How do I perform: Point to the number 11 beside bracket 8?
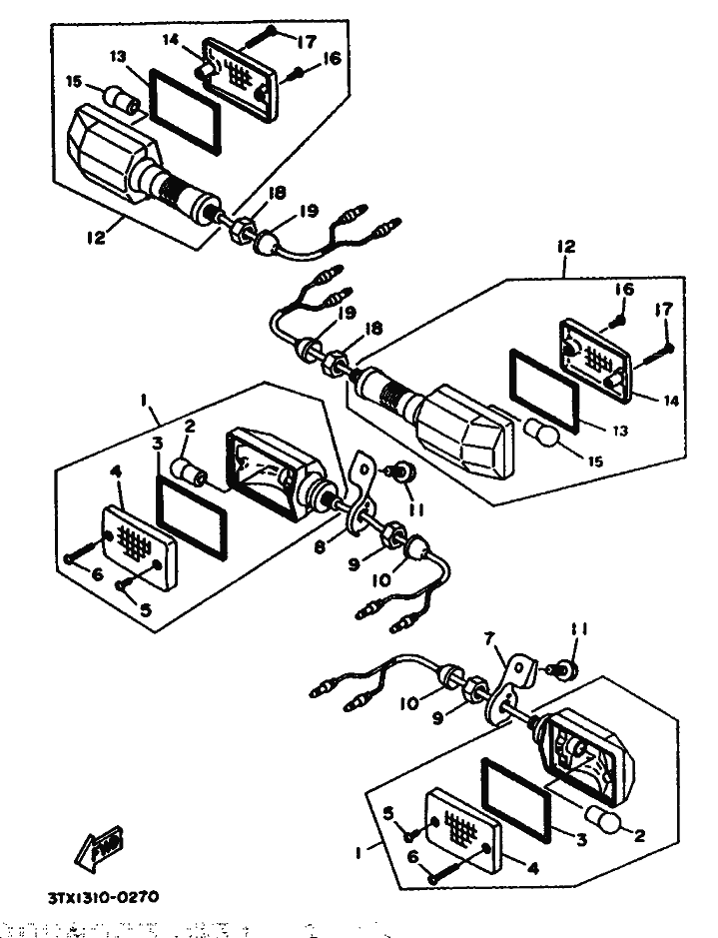(x=416, y=508)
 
